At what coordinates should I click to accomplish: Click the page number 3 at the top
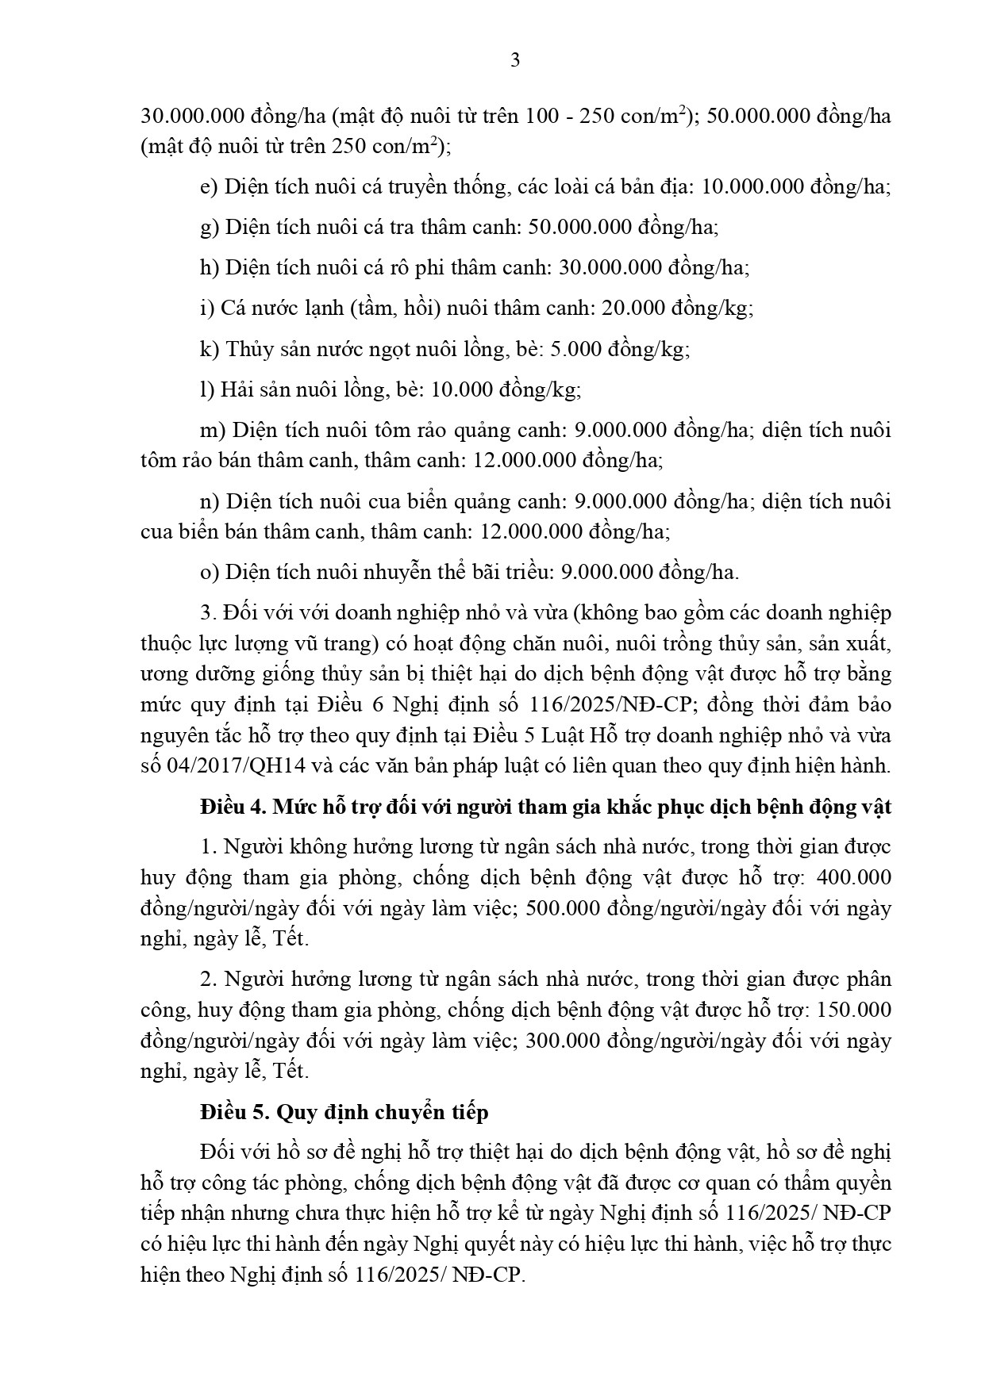click(x=515, y=60)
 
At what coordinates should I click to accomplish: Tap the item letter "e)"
click(x=210, y=188)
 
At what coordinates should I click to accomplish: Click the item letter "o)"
click(x=210, y=572)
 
